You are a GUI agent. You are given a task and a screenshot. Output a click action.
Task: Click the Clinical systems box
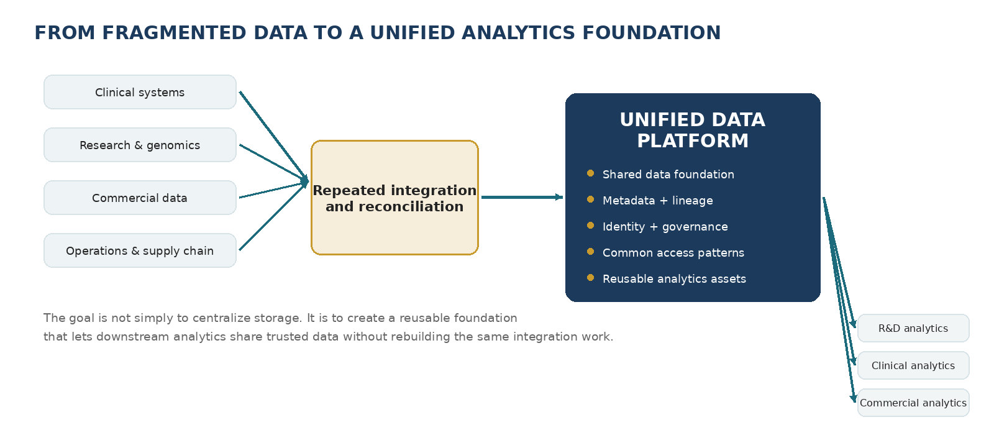pos(140,92)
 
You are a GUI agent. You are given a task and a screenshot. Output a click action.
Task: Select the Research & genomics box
pos(140,145)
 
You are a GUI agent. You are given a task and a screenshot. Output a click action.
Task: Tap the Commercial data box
pos(140,198)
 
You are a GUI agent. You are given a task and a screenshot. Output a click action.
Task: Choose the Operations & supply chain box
pos(140,250)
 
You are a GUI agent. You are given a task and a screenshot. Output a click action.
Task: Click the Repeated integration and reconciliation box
pos(394,198)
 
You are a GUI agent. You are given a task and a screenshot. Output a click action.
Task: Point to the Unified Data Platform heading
pos(692,130)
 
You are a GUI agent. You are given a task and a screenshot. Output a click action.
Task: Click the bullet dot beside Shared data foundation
pos(590,173)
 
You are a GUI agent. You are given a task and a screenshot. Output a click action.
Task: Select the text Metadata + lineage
pos(658,201)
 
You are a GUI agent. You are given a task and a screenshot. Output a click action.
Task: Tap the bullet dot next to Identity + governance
pos(590,226)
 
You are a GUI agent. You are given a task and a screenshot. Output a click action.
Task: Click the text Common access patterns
pos(673,252)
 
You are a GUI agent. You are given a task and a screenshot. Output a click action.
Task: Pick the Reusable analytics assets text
pos(674,279)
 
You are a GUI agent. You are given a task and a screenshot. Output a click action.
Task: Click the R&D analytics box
pos(913,328)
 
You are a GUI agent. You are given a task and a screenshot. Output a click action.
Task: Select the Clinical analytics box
pos(913,365)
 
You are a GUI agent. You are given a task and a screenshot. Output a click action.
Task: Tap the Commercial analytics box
pos(913,403)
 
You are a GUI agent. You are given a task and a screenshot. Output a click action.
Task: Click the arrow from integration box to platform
pos(522,197)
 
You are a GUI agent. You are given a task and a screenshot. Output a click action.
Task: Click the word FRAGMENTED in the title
pos(174,33)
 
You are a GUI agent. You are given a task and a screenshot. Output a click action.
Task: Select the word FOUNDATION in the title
pos(652,33)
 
